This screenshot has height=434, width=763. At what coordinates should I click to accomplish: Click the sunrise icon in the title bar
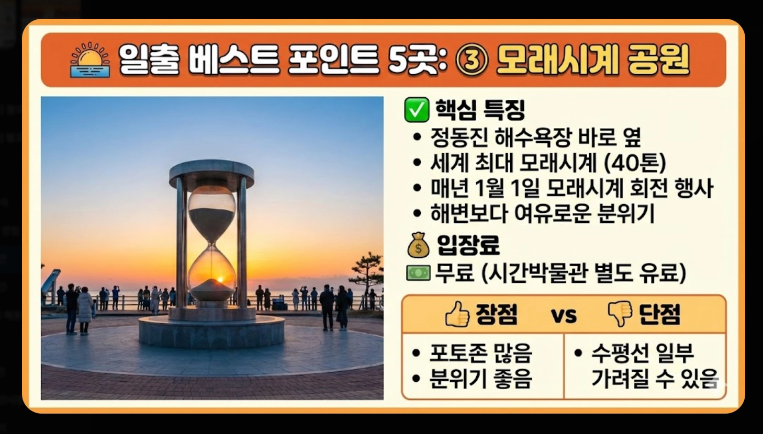pos(90,60)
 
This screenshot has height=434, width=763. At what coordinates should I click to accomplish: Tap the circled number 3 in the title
pos(472,60)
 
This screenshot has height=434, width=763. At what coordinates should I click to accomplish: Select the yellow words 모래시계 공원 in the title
pos(593,60)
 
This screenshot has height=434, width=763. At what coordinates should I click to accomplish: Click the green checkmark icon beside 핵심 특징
pos(417,109)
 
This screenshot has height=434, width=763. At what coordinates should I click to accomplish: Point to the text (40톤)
pos(635,163)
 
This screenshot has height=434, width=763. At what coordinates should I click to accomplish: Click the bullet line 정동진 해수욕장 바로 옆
pos(535,138)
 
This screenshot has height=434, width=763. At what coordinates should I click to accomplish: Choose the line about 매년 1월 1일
pos(571,188)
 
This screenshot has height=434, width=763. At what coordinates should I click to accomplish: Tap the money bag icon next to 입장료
pos(418,245)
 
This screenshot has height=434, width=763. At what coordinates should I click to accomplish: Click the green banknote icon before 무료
pos(418,272)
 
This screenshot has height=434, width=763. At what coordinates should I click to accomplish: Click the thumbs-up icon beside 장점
pos(457,314)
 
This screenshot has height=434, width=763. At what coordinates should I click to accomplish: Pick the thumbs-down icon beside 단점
pos(620,314)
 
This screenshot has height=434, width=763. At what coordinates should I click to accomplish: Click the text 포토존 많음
pos(480,353)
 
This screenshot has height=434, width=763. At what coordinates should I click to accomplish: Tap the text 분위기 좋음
pos(480,378)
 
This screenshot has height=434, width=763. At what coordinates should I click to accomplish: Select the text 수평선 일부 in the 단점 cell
pos(643,353)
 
